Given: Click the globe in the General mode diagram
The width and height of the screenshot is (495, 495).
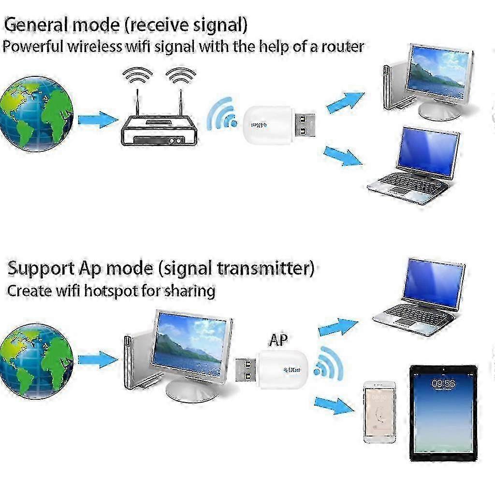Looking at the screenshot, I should (37, 114).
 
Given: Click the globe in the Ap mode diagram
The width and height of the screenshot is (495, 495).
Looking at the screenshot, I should (37, 361).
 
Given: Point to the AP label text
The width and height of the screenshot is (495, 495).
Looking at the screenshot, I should (278, 340).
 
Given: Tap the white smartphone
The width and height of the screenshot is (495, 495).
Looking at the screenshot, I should (379, 411).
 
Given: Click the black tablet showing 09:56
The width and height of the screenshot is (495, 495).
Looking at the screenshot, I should (443, 412).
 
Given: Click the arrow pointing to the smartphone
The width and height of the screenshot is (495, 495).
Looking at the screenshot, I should (334, 405).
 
